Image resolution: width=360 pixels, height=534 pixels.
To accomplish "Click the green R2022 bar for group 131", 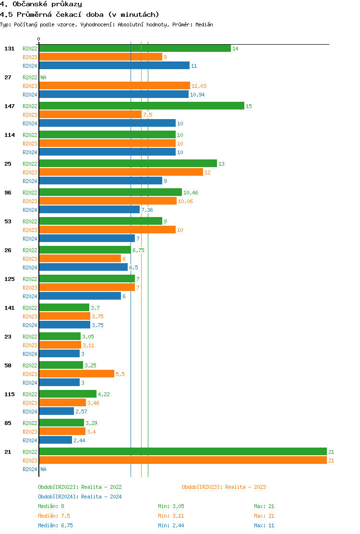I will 135,49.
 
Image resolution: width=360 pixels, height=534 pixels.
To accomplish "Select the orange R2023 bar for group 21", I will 183,461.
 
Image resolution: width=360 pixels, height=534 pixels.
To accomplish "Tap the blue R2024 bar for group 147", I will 108,123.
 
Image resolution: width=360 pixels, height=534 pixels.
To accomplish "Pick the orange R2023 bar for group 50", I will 77,374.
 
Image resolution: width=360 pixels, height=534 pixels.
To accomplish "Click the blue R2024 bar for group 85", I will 56,440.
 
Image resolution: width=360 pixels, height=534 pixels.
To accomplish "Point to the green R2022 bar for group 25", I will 128,164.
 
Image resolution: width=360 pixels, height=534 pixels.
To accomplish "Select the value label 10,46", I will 191,193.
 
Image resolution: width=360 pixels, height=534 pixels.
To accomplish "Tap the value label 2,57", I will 81,412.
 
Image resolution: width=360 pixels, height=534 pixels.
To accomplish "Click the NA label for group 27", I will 43,77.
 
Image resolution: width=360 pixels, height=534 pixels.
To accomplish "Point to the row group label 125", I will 10,279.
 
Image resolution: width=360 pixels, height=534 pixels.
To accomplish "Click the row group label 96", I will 8,193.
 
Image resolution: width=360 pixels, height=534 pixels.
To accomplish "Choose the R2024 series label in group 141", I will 30,325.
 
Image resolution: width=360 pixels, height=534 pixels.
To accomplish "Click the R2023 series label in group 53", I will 30,230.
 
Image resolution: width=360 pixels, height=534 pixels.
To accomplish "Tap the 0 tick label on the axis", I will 39,39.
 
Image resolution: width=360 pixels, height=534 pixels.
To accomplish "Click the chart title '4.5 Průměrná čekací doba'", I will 80,14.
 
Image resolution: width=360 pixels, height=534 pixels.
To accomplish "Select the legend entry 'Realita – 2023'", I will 224,487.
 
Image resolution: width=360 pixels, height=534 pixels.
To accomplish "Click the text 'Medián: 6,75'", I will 55,525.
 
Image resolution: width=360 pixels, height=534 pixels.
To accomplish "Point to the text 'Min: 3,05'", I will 171,506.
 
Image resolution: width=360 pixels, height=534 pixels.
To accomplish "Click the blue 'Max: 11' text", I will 264,525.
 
